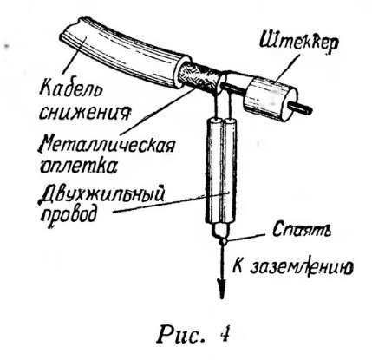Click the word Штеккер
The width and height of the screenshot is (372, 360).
[x=299, y=43]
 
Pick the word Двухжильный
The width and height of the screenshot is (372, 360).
[x=101, y=193]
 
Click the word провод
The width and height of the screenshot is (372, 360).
[x=69, y=215]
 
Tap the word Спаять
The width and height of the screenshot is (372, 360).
[x=302, y=230]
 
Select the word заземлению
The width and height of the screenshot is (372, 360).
[x=301, y=267]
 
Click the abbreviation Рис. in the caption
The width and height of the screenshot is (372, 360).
[x=180, y=335]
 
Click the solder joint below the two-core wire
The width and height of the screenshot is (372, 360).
[x=222, y=240]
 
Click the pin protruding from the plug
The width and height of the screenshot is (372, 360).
[x=301, y=108]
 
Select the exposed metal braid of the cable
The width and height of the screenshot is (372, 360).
[x=199, y=76]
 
